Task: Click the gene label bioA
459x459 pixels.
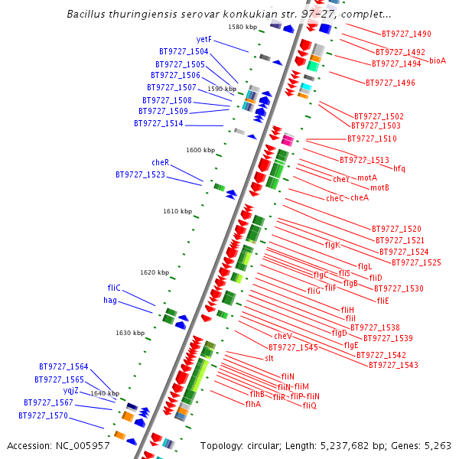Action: point(438,60)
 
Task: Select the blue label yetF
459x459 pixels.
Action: point(203,40)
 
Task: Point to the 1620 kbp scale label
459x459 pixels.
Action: point(155,272)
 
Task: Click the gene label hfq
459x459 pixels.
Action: point(399,168)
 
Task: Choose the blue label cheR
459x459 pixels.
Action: point(160,162)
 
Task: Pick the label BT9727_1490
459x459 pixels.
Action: point(406,34)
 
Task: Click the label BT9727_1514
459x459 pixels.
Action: point(158,123)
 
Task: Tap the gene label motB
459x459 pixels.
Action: point(380,187)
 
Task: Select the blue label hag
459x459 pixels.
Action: point(110,301)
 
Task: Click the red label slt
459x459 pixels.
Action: point(269,358)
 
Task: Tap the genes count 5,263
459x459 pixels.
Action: point(436,445)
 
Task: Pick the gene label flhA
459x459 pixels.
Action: point(253,404)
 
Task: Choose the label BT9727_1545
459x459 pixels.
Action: point(293,347)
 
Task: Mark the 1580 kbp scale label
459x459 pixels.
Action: point(243,28)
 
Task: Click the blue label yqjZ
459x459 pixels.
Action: point(70,390)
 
